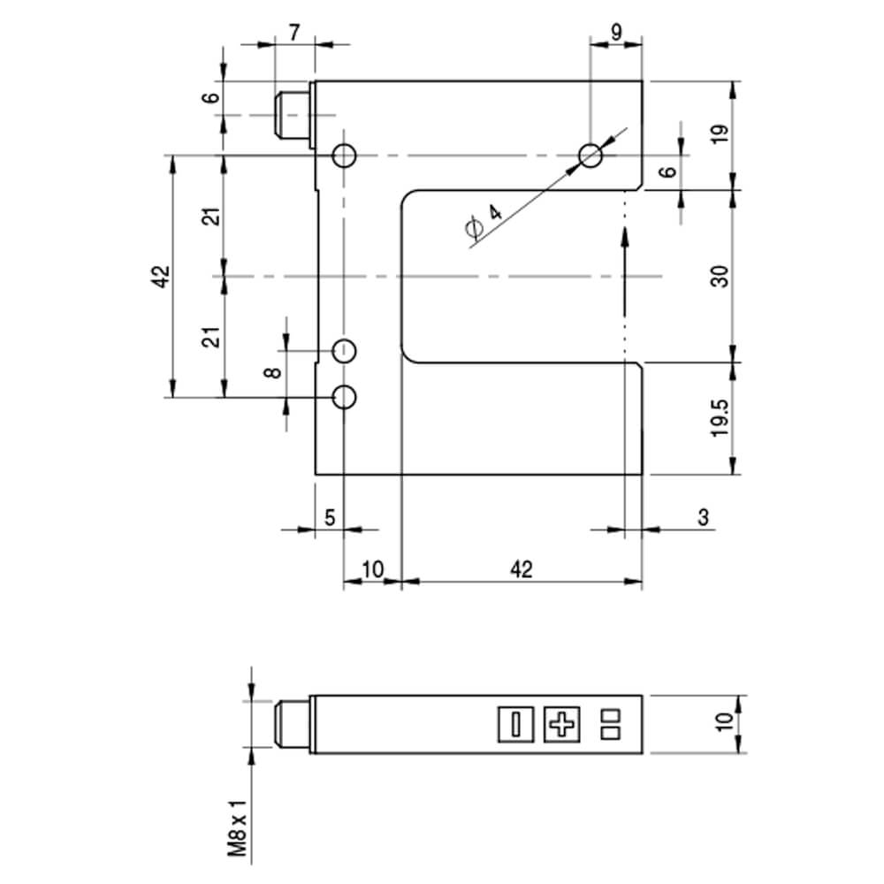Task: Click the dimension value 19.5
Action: [720, 418]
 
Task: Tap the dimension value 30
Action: [720, 276]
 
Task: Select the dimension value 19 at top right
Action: [720, 133]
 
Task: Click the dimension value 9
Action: [616, 33]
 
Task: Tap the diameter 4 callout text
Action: [484, 220]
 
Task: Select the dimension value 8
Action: [273, 373]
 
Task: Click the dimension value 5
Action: [330, 517]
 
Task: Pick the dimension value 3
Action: [703, 517]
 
